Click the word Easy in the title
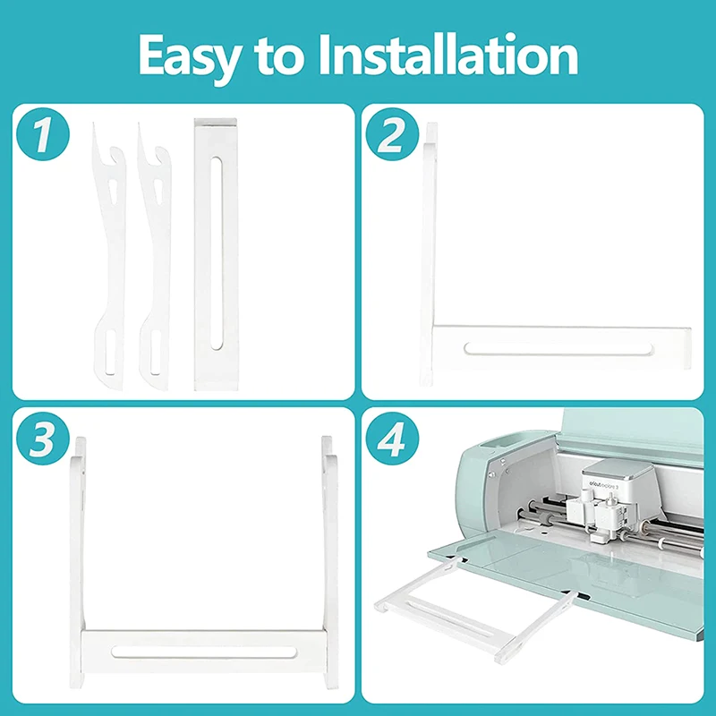(x=188, y=55)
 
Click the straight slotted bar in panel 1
(x=216, y=255)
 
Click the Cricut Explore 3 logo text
(x=609, y=484)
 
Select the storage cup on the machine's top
(x=495, y=445)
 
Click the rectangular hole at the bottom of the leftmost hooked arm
(x=107, y=351)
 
